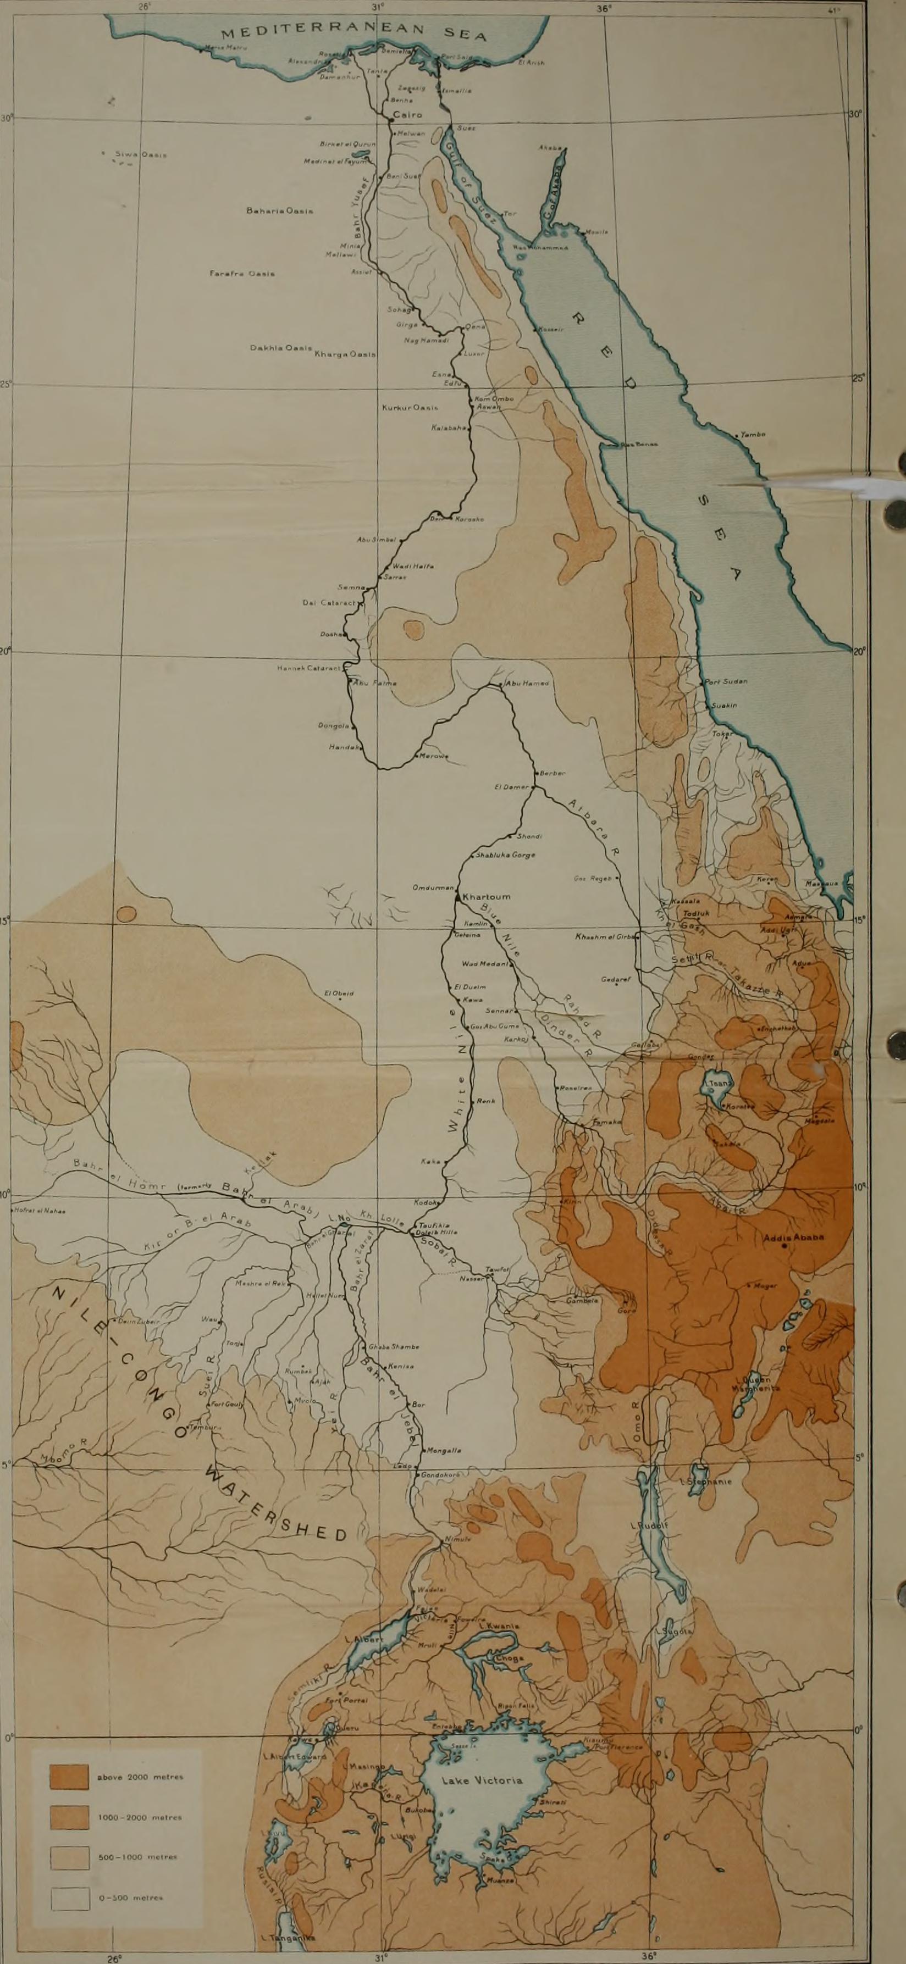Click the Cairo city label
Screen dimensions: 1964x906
[407, 115]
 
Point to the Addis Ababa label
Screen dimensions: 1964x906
[794, 1238]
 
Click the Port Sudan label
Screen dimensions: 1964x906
[726, 681]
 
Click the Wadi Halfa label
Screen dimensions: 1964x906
[412, 565]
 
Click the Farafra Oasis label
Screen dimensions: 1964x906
[242, 273]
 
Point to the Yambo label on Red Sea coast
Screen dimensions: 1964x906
[753, 435]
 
